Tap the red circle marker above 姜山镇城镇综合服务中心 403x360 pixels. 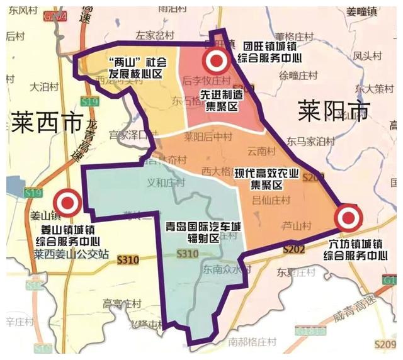[x=66, y=203]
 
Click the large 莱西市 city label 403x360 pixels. [x=47, y=121]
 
